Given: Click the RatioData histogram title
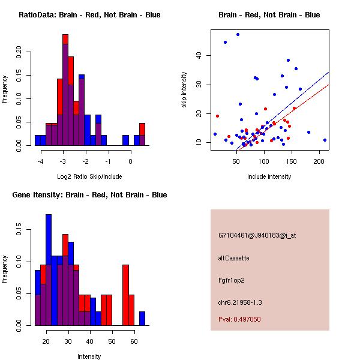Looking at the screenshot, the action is click(89, 15).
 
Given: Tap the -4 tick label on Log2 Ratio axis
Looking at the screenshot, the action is click(40, 161).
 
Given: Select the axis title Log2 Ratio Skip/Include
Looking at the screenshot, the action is click(89, 176).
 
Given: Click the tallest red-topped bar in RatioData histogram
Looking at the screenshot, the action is click(65, 90).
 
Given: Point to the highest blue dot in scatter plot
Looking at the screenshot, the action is click(238, 34).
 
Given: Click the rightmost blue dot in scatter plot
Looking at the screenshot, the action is click(325, 140).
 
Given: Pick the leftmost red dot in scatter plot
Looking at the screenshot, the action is click(217, 116).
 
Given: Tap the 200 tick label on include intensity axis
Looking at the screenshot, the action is click(319, 161).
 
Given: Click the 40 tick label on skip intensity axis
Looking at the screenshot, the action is click(199, 55).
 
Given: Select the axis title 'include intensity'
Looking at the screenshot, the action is click(269, 176).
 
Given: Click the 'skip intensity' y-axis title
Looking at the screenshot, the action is click(184, 90).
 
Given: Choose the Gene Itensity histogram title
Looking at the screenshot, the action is click(89, 195).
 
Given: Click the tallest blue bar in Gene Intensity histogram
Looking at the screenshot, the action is click(49, 270).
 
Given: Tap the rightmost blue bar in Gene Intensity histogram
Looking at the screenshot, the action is click(142, 319).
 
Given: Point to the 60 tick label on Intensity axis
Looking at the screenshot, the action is click(134, 341).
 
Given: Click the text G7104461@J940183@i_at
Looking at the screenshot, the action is click(257, 236).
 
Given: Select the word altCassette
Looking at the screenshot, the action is click(234, 258).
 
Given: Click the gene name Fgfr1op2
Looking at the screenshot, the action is click(232, 281).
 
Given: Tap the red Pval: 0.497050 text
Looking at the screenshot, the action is click(239, 319).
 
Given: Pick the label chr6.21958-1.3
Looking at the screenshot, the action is click(240, 302).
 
